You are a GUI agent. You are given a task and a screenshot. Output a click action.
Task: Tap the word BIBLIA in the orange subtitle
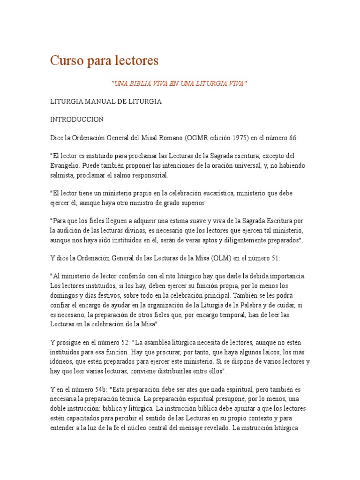[x=141, y=83]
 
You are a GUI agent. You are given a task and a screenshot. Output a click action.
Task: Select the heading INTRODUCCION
[x=77, y=120]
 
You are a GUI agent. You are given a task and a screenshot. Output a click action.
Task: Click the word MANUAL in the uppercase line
[x=97, y=102]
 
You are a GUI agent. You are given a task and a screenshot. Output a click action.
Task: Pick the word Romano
[x=169, y=137]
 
